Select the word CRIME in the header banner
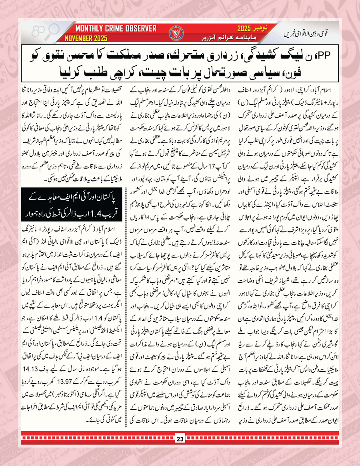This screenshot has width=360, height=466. click(114, 29)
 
